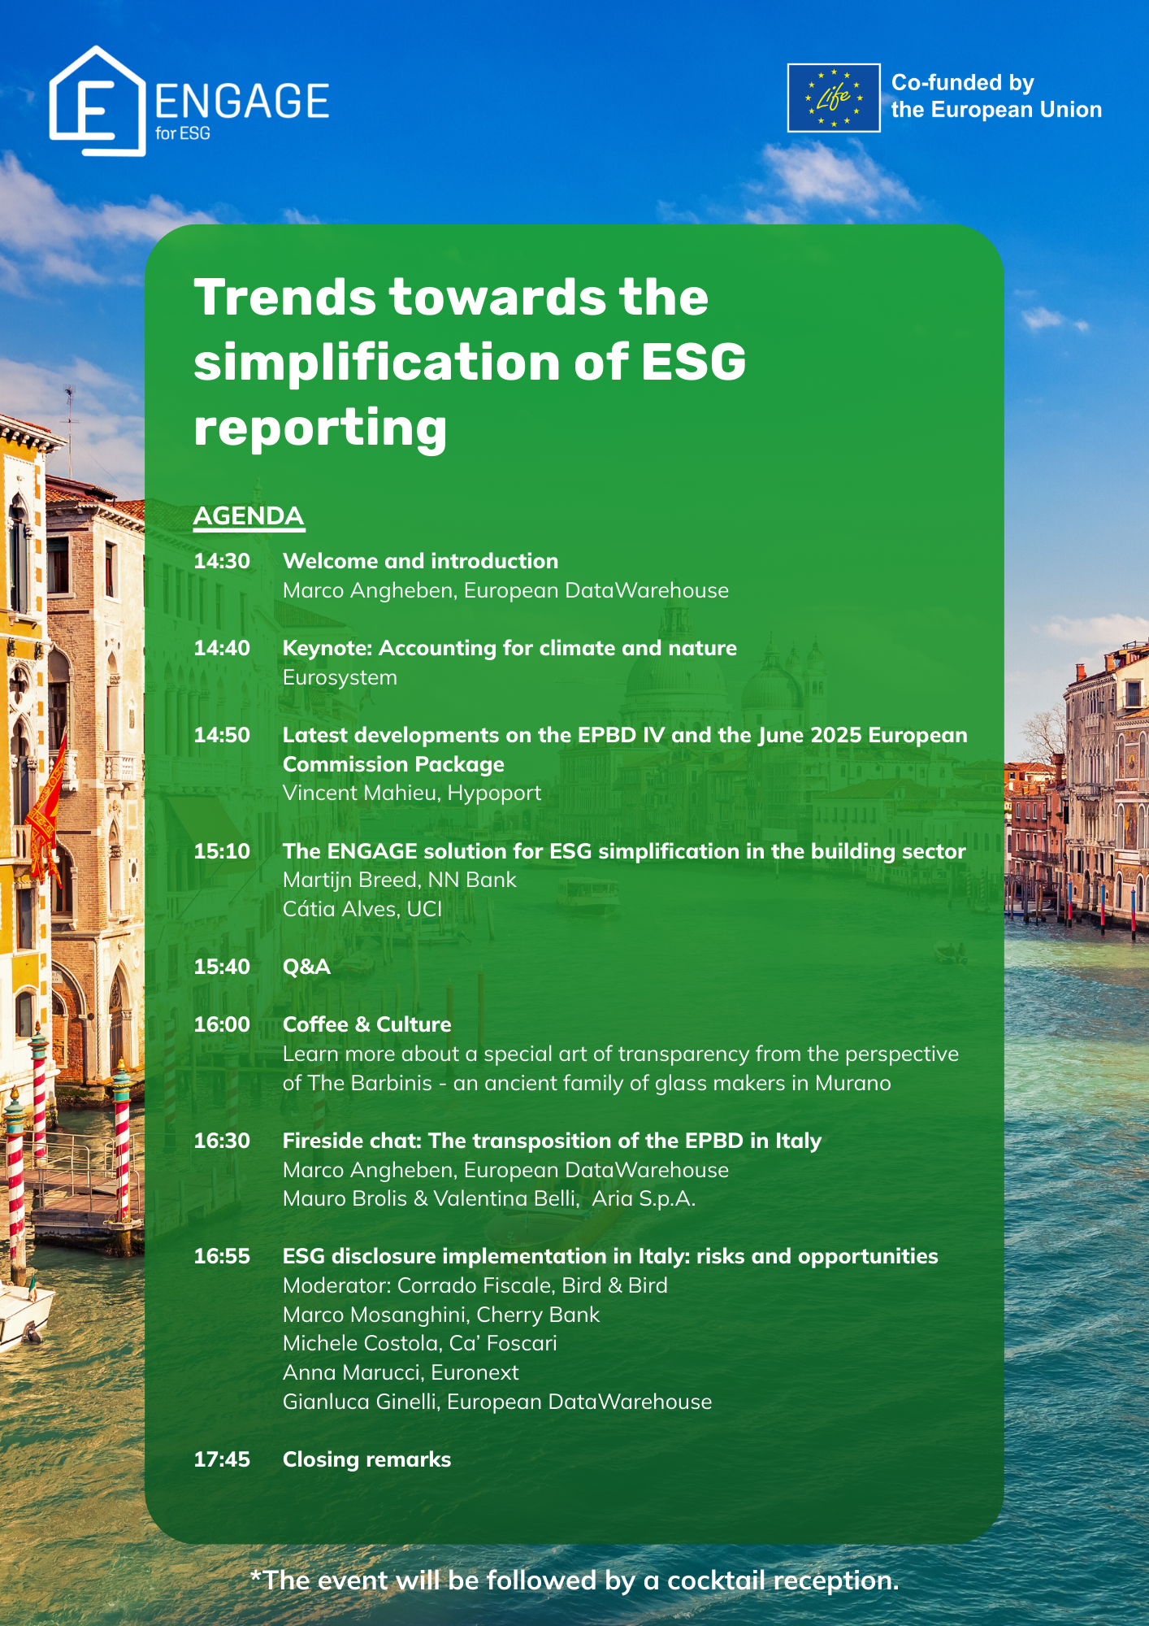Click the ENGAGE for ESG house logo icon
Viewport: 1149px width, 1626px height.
(x=97, y=101)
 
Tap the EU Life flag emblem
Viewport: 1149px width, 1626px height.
(x=834, y=98)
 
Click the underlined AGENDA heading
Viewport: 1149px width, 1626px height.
(x=249, y=516)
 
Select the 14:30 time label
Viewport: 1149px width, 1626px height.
(x=222, y=561)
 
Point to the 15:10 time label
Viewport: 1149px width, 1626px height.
(x=222, y=851)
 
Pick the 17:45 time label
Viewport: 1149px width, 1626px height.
(x=222, y=1459)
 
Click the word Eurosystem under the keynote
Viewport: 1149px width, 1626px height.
(x=340, y=677)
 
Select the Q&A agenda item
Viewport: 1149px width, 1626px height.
(x=306, y=967)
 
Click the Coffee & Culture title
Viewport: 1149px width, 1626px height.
(x=366, y=1024)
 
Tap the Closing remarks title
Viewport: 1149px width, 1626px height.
(x=366, y=1459)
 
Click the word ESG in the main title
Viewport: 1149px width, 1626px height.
(x=693, y=362)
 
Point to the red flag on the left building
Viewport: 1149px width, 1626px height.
(x=46, y=813)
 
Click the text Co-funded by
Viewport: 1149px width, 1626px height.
(x=963, y=83)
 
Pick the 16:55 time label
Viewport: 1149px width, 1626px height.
(x=222, y=1256)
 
